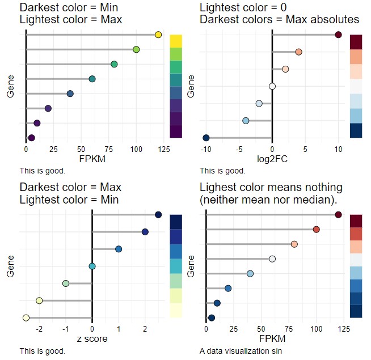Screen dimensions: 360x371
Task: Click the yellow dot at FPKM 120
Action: click(158, 36)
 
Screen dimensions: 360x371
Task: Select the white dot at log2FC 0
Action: click(272, 86)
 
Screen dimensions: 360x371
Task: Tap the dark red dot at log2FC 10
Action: click(339, 35)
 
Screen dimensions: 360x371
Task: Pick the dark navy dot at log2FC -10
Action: click(206, 138)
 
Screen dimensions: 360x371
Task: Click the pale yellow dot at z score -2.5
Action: click(26, 318)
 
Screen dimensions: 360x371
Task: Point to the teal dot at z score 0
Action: click(92, 266)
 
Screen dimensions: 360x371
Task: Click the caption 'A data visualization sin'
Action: click(237, 351)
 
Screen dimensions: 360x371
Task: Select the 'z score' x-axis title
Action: click(92, 340)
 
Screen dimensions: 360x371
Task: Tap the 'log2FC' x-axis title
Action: click(272, 159)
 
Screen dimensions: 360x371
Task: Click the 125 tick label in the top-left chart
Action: click(163, 149)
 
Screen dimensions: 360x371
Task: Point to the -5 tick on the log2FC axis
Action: click(239, 149)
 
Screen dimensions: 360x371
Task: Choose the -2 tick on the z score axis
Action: click(39, 329)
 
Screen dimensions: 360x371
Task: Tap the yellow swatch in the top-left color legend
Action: click(175, 41)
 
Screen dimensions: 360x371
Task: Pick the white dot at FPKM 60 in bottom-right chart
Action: click(272, 259)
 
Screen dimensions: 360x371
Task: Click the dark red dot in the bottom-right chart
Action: click(339, 214)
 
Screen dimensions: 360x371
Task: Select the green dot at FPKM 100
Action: click(136, 50)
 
